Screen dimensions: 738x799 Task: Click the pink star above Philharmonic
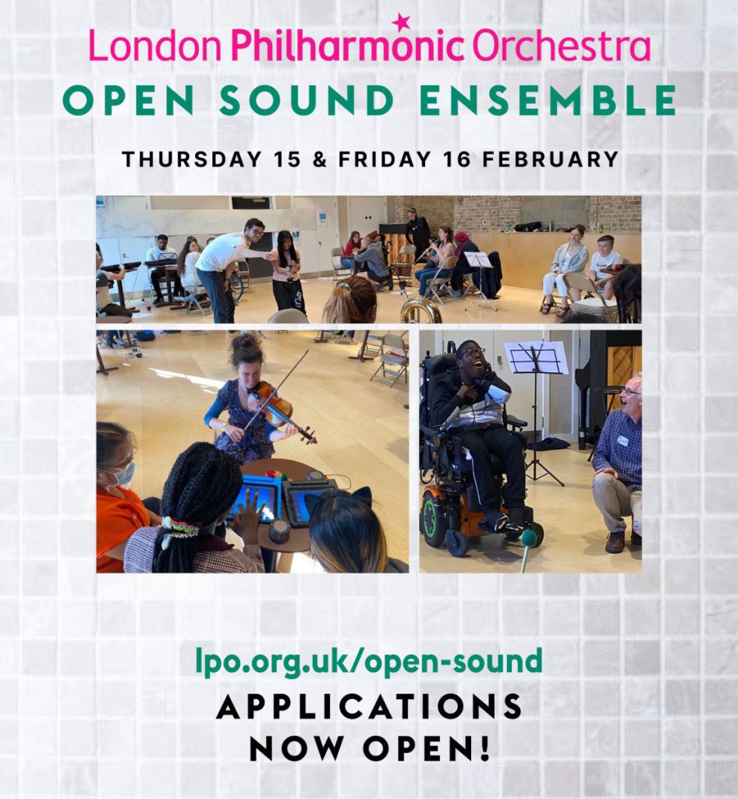click(x=401, y=21)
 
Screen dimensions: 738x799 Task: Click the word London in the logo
click(x=155, y=46)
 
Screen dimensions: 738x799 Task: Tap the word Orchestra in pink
click(x=561, y=46)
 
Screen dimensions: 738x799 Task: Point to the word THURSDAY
click(x=191, y=159)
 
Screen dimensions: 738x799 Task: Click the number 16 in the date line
click(x=456, y=159)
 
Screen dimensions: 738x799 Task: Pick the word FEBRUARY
click(x=550, y=159)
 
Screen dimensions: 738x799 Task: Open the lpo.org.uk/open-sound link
click(x=369, y=662)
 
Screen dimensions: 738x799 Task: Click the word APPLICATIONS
click(x=369, y=706)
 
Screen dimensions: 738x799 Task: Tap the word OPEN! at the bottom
click(x=427, y=748)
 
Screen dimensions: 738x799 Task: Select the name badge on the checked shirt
click(x=623, y=440)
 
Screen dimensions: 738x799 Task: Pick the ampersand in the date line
click(x=319, y=159)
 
